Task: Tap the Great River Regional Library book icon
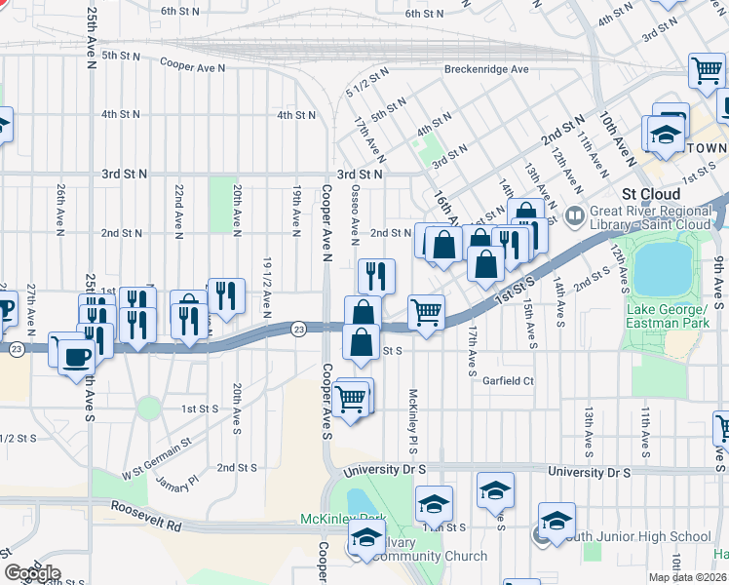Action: tap(576, 214)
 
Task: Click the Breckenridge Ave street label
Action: tap(485, 69)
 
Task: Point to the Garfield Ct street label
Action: tap(508, 381)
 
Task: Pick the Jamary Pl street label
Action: tap(175, 481)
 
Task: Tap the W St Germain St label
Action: tap(157, 459)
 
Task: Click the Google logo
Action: tap(31, 573)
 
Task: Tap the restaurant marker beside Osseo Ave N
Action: tap(375, 276)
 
